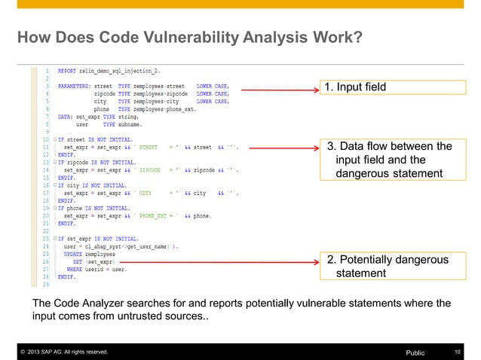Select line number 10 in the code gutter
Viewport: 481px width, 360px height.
[x=46, y=139]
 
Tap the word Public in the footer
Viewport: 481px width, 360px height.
[x=415, y=352]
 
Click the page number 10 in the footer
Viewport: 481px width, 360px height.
[x=458, y=352]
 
